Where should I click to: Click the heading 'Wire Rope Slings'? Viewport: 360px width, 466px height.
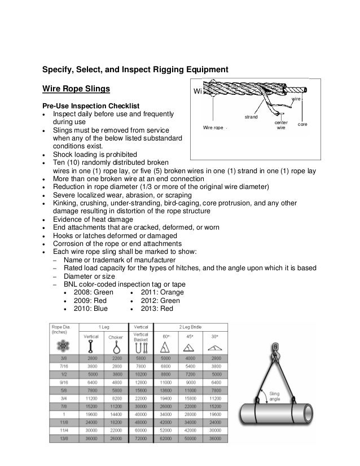[x=76, y=89]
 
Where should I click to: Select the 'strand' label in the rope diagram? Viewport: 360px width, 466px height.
[x=251, y=117]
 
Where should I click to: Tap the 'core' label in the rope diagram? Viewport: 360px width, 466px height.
[x=302, y=124]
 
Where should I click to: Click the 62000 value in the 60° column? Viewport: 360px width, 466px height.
[x=166, y=437]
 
